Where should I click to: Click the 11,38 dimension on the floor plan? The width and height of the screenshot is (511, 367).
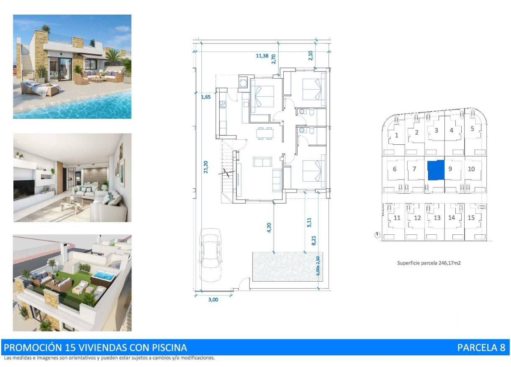pyautogui.click(x=262, y=56)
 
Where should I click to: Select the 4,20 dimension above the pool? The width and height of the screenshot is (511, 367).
pyautogui.click(x=269, y=227)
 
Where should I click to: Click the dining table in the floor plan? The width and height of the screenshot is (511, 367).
pyautogui.click(x=263, y=133)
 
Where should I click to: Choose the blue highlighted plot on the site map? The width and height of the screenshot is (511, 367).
pyautogui.click(x=436, y=170)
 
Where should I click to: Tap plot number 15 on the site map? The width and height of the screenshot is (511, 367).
pyautogui.click(x=471, y=218)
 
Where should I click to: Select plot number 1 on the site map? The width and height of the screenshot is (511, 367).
pyautogui.click(x=396, y=135)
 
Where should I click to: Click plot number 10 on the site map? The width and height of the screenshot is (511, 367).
pyautogui.click(x=471, y=169)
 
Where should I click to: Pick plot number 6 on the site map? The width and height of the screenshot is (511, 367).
pyautogui.click(x=395, y=169)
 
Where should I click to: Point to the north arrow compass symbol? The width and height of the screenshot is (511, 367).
pyautogui.click(x=377, y=236)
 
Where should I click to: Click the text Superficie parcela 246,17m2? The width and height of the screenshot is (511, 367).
pyautogui.click(x=429, y=263)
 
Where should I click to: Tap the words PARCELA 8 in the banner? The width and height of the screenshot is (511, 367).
pyautogui.click(x=481, y=347)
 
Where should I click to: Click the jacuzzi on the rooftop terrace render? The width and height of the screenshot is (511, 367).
pyautogui.click(x=102, y=277)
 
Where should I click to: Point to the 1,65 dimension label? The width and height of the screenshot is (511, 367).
pyautogui.click(x=205, y=97)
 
